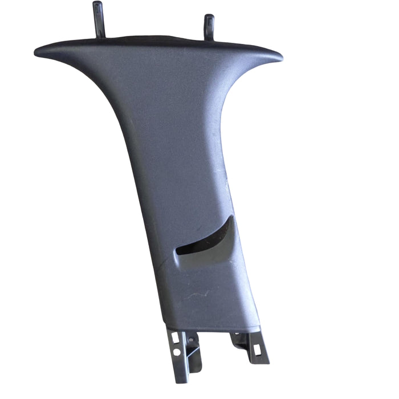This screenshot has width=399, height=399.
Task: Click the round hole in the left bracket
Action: click(176, 352)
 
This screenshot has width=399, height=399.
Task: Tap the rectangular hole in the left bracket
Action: click(174, 337)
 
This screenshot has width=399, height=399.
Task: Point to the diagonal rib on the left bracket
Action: click(194, 353)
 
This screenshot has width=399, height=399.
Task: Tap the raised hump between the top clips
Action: click(154, 39)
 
